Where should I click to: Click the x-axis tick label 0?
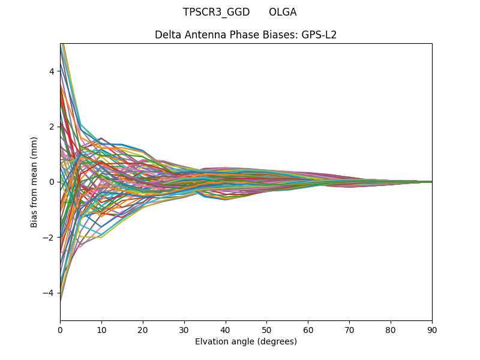pyautogui.click(x=60, y=329)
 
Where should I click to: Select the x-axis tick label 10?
pyautogui.click(x=101, y=329)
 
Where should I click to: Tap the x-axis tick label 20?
pyautogui.click(x=143, y=329)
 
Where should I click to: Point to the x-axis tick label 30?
pyautogui.click(x=184, y=329)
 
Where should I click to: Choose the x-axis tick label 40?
pyautogui.click(x=226, y=329)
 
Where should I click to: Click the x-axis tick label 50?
pyautogui.click(x=266, y=329)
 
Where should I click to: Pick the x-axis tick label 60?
pyautogui.click(x=308, y=329)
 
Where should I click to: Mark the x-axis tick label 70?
pyautogui.click(x=349, y=329)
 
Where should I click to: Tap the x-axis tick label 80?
pyautogui.click(x=391, y=329)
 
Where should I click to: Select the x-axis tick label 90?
pyautogui.click(x=432, y=329)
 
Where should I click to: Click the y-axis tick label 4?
pyautogui.click(x=52, y=71)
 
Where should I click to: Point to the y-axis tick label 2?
pyautogui.click(x=52, y=127)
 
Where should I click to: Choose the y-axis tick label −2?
pyautogui.click(x=50, y=237)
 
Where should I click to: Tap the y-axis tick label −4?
pyautogui.click(x=50, y=293)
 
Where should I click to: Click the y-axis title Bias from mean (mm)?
pyautogui.click(x=34, y=182)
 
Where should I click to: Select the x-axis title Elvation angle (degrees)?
pyautogui.click(x=246, y=341)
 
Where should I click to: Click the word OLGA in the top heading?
pyautogui.click(x=283, y=12)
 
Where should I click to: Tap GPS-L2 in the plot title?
pyautogui.click(x=319, y=35)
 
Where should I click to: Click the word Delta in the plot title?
pyautogui.click(x=167, y=35)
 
